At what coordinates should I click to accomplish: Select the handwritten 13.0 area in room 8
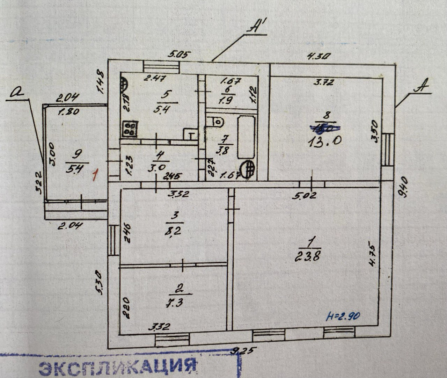pyautogui.click(x=324, y=142)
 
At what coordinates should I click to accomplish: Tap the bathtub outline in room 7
pyautogui.click(x=246, y=137)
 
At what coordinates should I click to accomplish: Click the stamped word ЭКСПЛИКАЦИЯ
pyautogui.click(x=117, y=368)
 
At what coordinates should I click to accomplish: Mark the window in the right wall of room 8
pyautogui.click(x=388, y=150)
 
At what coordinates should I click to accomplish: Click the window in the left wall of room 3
pyautogui.click(x=113, y=240)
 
